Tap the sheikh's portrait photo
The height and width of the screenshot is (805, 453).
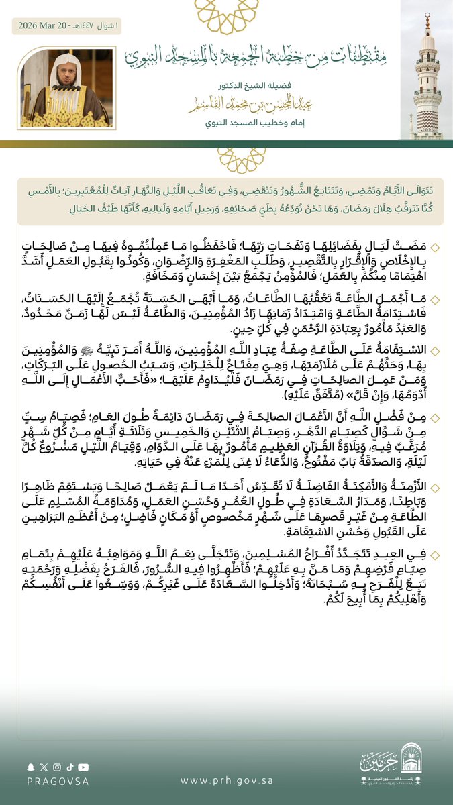pyautogui.click(x=66, y=88)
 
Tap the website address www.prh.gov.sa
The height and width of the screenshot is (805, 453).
pyautogui.click(x=226, y=780)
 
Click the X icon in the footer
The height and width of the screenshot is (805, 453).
pyautogui.click(x=44, y=766)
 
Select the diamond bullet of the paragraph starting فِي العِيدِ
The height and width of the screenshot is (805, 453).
pyautogui.click(x=435, y=555)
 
